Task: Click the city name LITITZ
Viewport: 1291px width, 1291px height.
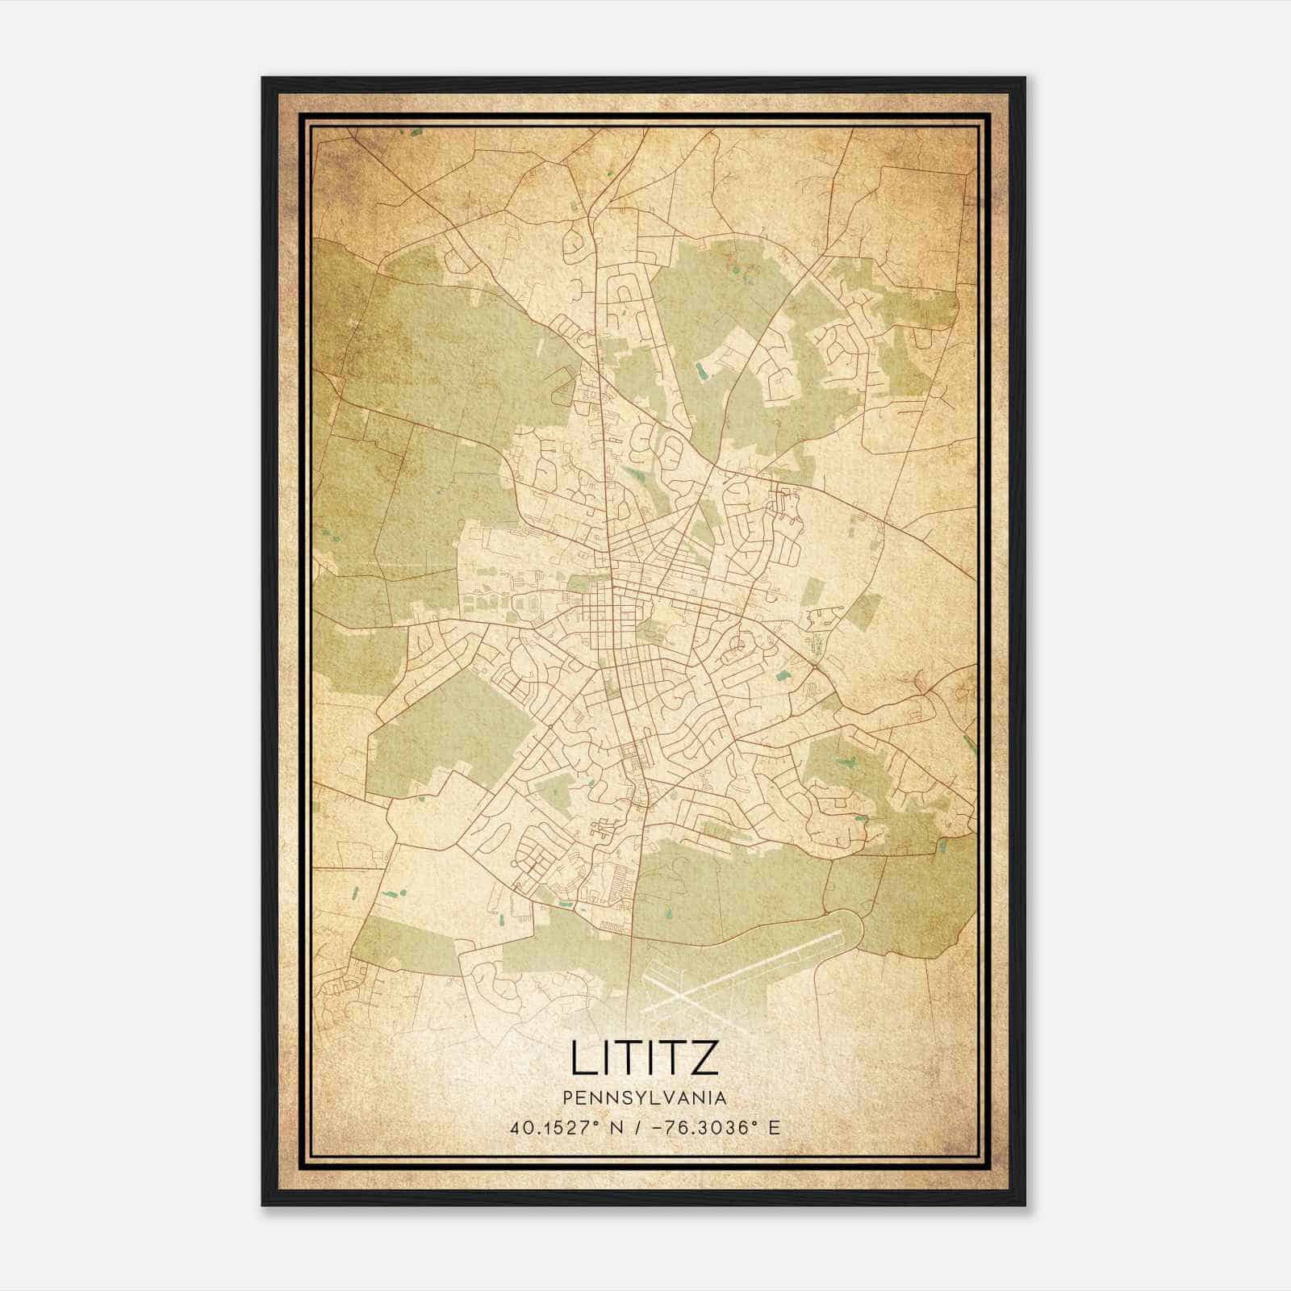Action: [x=644, y=1058]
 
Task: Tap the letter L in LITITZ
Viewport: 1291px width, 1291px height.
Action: [x=583, y=1058]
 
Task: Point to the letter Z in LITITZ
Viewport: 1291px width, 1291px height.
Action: [x=704, y=1058]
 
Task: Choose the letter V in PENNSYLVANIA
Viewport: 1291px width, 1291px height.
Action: [x=668, y=1098]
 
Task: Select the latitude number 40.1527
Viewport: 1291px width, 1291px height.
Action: [x=552, y=1128]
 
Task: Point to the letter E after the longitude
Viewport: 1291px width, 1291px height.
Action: [x=775, y=1128]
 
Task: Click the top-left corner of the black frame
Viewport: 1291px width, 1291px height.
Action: [x=263, y=78]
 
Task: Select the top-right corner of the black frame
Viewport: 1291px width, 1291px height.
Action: [x=1025, y=78]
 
